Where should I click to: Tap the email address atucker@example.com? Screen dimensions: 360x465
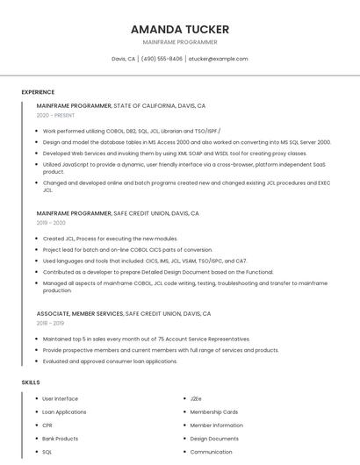coord(218,59)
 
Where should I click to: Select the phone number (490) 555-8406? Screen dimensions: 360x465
coord(162,59)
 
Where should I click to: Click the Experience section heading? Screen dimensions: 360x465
coord(38,92)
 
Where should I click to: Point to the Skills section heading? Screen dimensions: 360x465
coord(31,383)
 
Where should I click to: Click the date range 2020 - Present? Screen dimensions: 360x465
coord(55,115)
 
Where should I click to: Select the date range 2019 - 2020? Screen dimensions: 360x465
coord(51,223)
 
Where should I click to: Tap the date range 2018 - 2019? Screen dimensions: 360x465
coord(51,323)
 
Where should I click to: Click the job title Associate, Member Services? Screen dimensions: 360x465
coord(80,313)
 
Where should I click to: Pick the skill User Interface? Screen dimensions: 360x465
coord(60,398)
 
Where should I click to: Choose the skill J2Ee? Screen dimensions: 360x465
coord(196,398)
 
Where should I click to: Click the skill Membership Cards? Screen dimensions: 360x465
coord(214,411)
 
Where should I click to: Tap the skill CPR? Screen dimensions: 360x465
coord(47,425)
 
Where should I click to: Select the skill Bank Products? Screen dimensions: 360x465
coord(60,438)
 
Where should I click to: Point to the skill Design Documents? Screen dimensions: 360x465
coord(214,438)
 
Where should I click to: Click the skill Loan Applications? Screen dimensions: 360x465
coord(64,411)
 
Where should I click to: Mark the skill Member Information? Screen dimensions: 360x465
coord(217,425)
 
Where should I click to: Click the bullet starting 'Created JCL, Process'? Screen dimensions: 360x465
coord(110,239)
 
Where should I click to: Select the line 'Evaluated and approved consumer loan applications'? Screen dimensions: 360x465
coord(110,361)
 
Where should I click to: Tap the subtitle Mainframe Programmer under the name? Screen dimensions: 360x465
coord(180,42)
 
